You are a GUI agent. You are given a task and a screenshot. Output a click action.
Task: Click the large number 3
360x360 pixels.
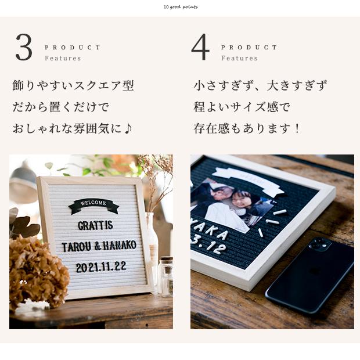tap(24, 48)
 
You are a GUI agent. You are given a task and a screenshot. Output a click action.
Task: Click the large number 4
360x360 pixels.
tap(200, 48)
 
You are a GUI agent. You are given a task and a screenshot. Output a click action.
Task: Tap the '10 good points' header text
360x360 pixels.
tap(181, 7)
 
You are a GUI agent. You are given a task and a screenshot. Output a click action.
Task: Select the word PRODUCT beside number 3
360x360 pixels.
tap(73, 48)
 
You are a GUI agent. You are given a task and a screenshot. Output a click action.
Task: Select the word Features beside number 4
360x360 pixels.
tap(239, 58)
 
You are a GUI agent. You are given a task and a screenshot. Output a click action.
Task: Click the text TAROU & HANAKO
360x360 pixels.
tap(99, 246)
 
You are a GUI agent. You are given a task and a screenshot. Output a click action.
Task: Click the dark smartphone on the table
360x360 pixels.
tap(311, 273)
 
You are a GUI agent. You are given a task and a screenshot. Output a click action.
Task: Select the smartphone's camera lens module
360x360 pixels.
tap(319, 244)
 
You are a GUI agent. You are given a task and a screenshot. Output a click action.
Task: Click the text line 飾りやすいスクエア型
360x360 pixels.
tap(73, 86)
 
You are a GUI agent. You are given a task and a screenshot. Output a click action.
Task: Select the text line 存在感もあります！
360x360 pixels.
tap(247, 128)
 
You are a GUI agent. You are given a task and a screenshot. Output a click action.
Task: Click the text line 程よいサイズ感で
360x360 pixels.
tap(242, 107)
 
